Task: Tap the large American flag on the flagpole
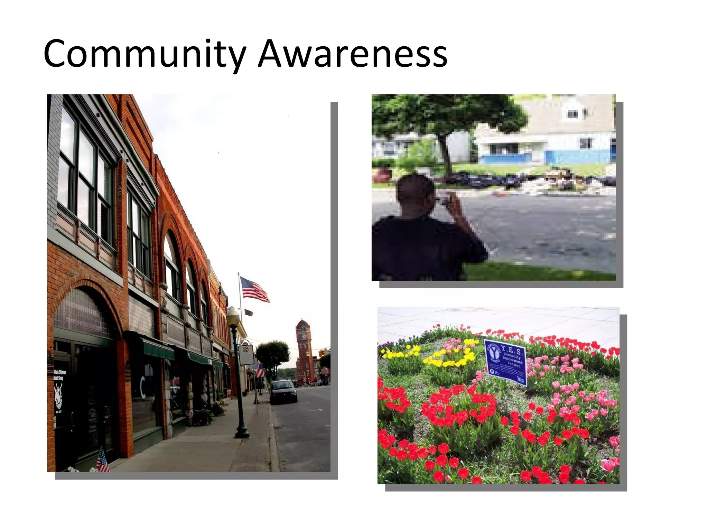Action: point(255,289)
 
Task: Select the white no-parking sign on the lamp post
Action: point(246,354)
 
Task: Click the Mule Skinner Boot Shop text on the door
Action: point(60,375)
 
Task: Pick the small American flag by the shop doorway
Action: point(102,460)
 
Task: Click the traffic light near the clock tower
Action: point(322,353)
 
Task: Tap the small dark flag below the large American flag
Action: point(249,312)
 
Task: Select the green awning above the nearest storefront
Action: point(157,348)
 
